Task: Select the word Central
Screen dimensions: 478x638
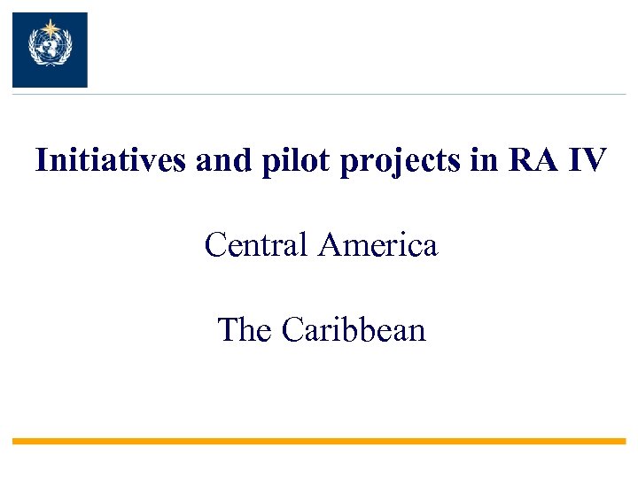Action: [257, 244]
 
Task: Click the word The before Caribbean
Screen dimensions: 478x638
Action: [245, 330]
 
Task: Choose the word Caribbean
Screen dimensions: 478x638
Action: [354, 330]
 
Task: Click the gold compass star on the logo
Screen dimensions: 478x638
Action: [50, 26]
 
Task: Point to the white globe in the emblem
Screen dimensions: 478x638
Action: [50, 46]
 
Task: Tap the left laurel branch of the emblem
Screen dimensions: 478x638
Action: [35, 50]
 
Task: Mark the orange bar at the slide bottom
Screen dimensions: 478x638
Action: [319, 441]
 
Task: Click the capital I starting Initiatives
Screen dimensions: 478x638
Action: [41, 161]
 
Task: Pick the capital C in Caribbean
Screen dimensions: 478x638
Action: [292, 330]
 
